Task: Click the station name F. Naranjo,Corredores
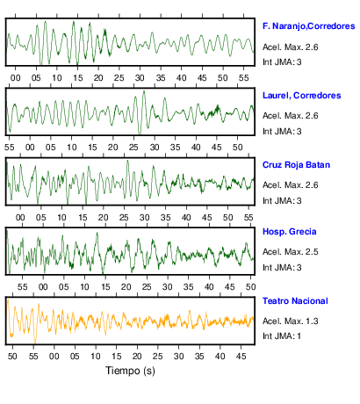pyautogui.click(x=309, y=26)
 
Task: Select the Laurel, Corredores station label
pyautogui.click(x=302, y=96)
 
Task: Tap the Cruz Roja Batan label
pyautogui.click(x=296, y=165)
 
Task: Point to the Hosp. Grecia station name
pyautogui.click(x=290, y=232)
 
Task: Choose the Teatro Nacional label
pyautogui.click(x=295, y=301)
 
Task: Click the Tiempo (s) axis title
pyautogui.click(x=130, y=371)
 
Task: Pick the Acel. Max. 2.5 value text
pyautogui.click(x=291, y=252)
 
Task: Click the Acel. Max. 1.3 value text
pyautogui.click(x=291, y=321)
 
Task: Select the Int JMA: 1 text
pyautogui.click(x=282, y=336)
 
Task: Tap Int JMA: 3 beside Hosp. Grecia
pyautogui.click(x=282, y=268)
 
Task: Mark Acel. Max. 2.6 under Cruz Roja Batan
pyautogui.click(x=291, y=185)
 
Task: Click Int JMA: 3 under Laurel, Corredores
pyautogui.click(x=282, y=132)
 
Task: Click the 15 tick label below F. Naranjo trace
pyautogui.click(x=78, y=78)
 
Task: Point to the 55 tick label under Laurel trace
pyautogui.click(x=10, y=148)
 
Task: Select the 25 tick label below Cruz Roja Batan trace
pyautogui.click(x=124, y=218)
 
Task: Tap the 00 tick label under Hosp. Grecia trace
pyautogui.click(x=43, y=287)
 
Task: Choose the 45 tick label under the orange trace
pyautogui.click(x=241, y=357)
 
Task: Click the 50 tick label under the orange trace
pyautogui.click(x=12, y=357)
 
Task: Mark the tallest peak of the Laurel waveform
pyautogui.click(x=144, y=91)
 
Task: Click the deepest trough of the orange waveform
pyautogui.click(x=35, y=342)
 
